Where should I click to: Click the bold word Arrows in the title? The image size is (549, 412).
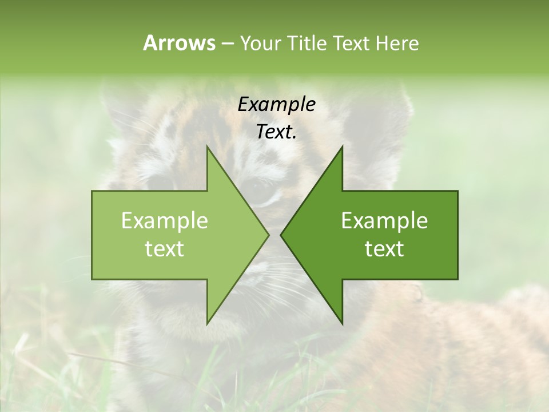179,43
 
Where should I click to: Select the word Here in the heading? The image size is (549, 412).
397,43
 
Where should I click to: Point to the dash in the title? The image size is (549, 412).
227,43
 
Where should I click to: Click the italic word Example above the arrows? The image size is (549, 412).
276,104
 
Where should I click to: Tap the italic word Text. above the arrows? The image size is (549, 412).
276,132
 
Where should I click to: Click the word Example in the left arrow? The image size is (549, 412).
165,220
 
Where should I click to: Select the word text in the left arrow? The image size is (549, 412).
165,249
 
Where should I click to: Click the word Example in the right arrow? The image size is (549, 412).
384,220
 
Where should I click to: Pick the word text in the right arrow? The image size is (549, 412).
384,249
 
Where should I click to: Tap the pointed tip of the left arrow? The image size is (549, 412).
268,235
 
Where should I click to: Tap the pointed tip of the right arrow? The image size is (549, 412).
282,235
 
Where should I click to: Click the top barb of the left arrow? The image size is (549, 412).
208,150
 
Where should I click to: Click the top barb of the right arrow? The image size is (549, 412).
341,150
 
